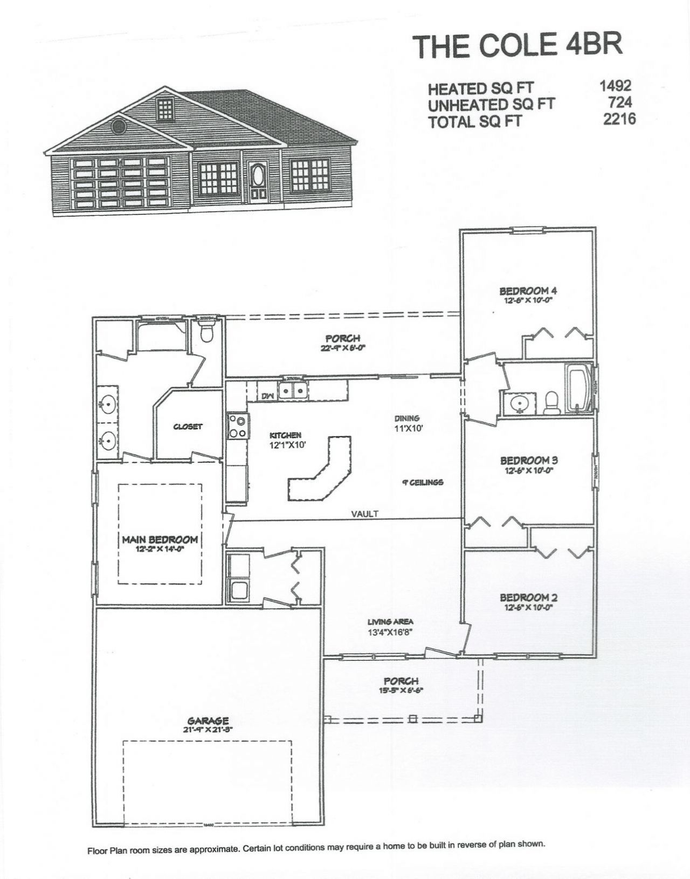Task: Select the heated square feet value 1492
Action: tap(615, 86)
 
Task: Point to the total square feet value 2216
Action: tap(619, 119)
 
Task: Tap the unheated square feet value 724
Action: tap(619, 102)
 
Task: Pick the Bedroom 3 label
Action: tap(528, 461)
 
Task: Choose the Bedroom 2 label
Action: tap(528, 598)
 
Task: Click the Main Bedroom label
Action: tap(160, 539)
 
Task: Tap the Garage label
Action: tap(208, 720)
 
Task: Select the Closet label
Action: tap(188, 427)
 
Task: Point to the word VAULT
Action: tap(365, 514)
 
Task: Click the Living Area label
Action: tap(390, 622)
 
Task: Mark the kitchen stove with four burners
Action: tap(237, 426)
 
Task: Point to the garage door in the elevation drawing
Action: tap(120, 182)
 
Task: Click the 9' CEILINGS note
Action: tap(423, 482)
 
